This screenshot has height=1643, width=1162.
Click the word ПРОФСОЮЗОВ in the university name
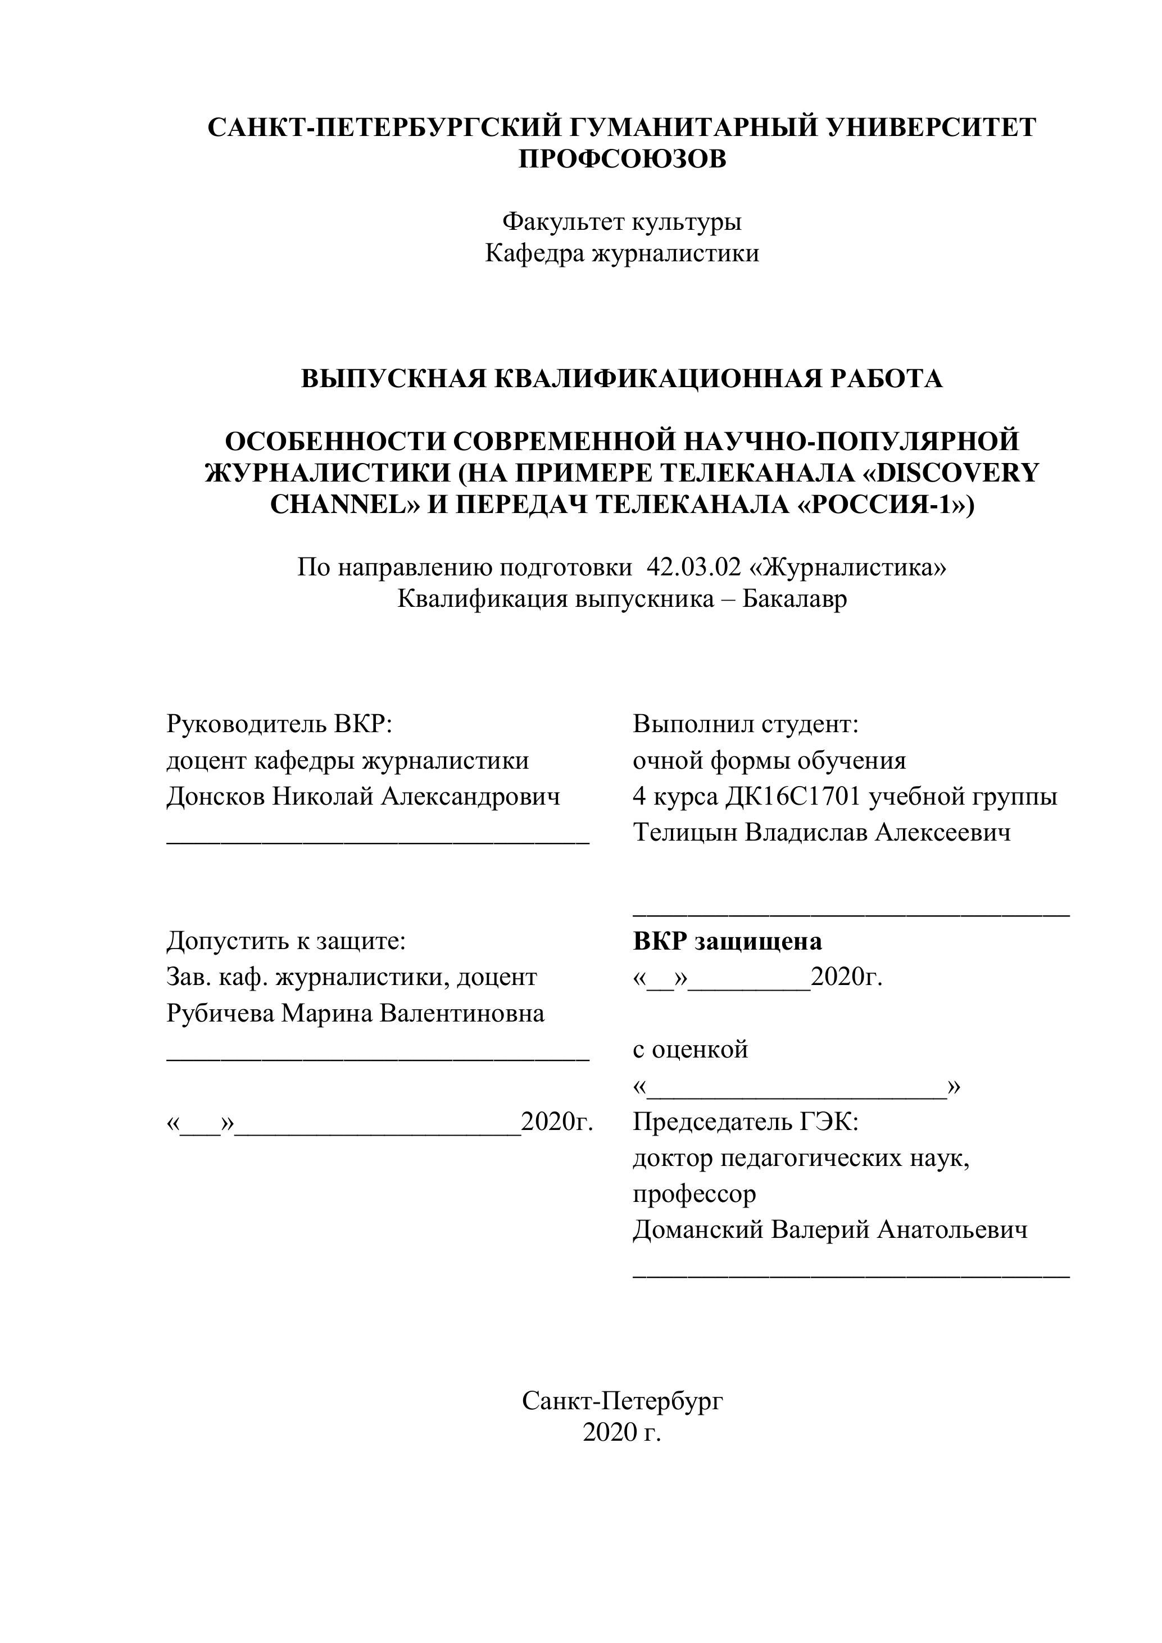coord(622,159)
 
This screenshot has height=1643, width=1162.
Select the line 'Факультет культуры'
coord(622,222)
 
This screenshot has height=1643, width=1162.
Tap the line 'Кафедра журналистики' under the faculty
coord(622,253)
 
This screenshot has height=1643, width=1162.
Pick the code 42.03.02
coord(693,568)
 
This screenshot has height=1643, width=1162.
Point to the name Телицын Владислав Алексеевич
coord(821,832)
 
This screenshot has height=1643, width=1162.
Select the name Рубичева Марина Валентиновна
coord(355,1013)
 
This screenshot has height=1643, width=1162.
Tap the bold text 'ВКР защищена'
coord(727,941)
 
